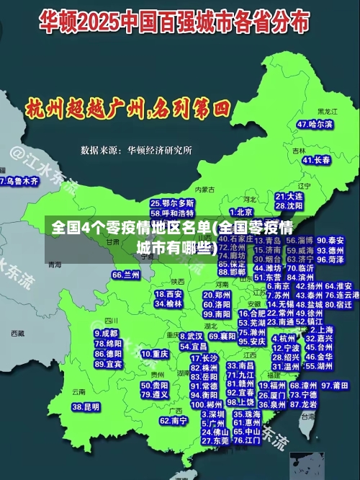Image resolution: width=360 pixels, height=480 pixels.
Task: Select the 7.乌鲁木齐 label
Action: [19, 181]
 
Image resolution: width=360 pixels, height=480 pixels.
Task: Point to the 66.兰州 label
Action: [126, 275]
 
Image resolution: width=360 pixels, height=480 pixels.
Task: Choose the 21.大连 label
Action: [289, 195]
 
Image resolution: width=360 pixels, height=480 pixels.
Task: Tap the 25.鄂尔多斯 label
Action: [172, 204]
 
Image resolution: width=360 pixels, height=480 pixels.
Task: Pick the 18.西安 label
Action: [170, 294]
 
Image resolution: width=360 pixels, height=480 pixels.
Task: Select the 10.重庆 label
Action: [155, 355]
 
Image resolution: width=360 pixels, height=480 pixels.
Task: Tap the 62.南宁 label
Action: [174, 420]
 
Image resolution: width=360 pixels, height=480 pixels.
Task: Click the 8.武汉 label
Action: [190, 336]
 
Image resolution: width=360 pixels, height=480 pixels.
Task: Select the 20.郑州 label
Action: [217, 295]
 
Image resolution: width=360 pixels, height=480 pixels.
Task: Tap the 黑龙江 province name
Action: [328, 112]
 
